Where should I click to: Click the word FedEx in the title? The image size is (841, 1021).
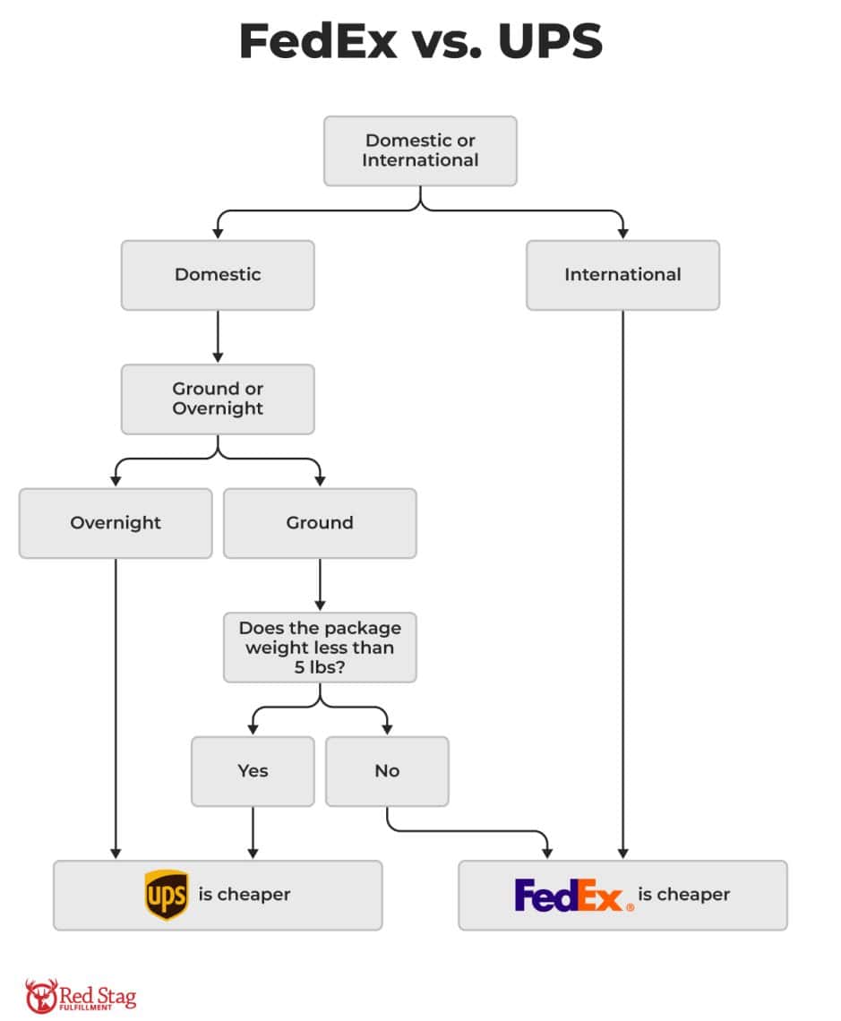click(318, 42)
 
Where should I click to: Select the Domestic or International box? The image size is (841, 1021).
click(420, 150)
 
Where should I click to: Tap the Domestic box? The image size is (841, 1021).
click(218, 275)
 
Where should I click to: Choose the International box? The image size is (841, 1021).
click(622, 275)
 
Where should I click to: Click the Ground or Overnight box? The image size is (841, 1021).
click(218, 399)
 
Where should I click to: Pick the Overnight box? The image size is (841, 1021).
click(116, 523)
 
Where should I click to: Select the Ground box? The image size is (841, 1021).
click(320, 523)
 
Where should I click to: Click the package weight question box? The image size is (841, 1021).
click(320, 647)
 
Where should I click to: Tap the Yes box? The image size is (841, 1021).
click(253, 771)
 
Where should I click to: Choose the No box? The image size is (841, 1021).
click(387, 771)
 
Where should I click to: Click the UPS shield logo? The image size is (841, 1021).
click(167, 895)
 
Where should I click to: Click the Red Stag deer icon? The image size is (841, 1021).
click(41, 995)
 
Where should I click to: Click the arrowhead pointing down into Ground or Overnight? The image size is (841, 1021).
click(218, 357)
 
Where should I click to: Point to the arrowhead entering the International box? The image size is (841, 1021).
click(622, 234)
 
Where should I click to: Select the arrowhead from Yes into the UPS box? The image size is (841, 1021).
click(253, 854)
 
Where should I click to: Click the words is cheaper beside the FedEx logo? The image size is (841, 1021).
click(683, 895)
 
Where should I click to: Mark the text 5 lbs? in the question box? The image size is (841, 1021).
click(320, 666)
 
